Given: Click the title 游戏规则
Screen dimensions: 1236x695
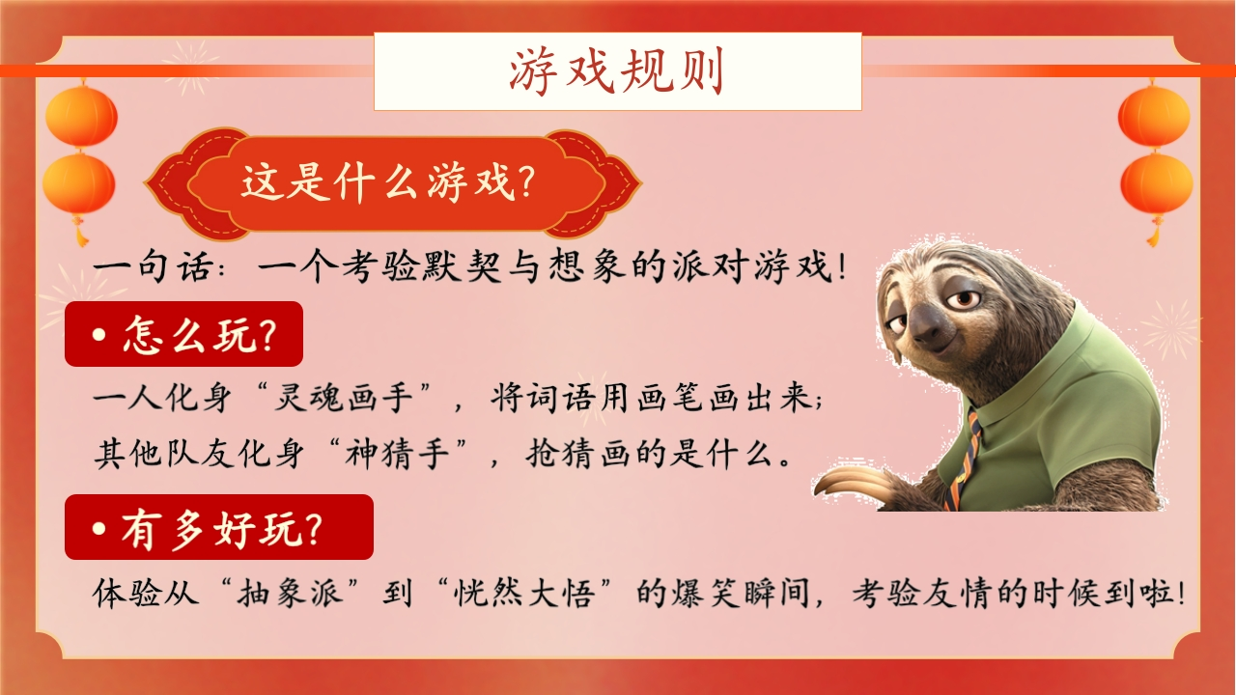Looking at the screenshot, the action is coord(616,71).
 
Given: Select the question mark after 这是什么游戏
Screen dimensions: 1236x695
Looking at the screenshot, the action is coord(527,182).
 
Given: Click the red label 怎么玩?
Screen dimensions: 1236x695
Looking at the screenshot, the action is coord(183,334).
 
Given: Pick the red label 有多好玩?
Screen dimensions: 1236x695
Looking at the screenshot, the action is coord(219,527).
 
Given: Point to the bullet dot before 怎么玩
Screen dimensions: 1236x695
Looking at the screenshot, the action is coord(99,335).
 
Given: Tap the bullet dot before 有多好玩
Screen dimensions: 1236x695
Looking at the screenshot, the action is coord(99,528).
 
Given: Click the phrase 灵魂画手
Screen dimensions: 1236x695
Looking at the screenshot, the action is coord(344,397).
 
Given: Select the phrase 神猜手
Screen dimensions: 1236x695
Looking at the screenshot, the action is coord(397,454).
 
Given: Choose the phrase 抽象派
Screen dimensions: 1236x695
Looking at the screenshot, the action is coord(290,594).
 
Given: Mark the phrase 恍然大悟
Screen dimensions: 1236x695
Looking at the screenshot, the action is coord(523,594).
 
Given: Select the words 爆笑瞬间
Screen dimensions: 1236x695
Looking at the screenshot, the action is coord(741,594).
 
